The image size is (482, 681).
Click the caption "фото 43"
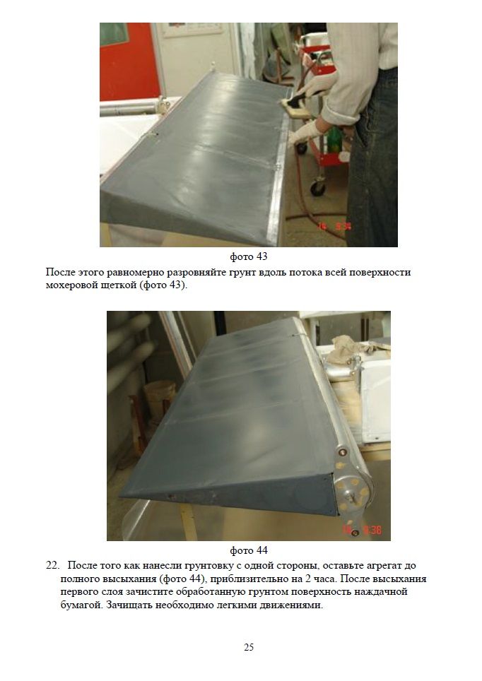coord(249,256)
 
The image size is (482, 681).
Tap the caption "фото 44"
coord(249,550)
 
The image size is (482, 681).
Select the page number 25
coord(249,647)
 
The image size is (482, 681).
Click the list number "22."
coord(52,565)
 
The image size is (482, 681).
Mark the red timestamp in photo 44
coord(361,530)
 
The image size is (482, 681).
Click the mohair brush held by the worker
coord(294,106)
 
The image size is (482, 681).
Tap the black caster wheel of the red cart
coord(318,188)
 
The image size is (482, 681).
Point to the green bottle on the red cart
coord(334,139)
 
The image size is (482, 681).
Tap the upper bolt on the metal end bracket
coord(343,453)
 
